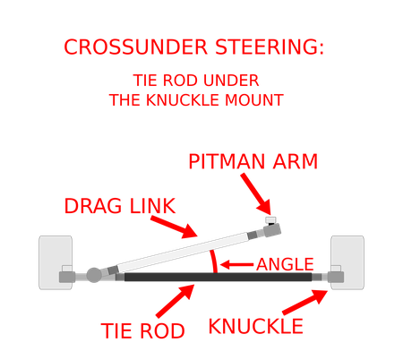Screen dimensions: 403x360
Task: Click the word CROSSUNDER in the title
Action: (x=135, y=47)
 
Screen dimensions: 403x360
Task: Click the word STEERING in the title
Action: (x=270, y=47)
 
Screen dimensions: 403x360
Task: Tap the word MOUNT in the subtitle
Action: (x=254, y=100)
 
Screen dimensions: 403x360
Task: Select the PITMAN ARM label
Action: (x=253, y=161)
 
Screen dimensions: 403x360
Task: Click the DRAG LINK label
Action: (x=120, y=206)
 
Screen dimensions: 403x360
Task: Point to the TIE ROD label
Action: (x=143, y=330)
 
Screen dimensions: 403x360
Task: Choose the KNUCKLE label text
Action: (x=256, y=326)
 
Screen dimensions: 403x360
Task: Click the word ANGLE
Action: (x=285, y=264)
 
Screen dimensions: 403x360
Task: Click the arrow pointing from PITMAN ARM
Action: (x=257, y=194)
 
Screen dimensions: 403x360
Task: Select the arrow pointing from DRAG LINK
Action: (x=174, y=227)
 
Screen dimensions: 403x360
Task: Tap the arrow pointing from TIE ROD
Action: (x=176, y=301)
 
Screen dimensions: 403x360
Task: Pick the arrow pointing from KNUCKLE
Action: (x=305, y=302)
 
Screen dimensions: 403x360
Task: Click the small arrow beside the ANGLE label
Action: (x=236, y=264)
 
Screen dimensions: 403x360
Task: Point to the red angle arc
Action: (x=213, y=261)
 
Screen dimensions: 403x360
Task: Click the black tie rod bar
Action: (x=219, y=277)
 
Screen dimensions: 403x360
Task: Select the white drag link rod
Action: (x=183, y=252)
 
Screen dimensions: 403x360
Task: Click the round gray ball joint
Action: (x=94, y=275)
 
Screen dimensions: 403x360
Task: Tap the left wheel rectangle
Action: (x=56, y=262)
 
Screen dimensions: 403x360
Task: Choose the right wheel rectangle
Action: (x=347, y=262)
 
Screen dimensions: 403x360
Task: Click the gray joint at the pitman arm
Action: (x=272, y=230)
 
